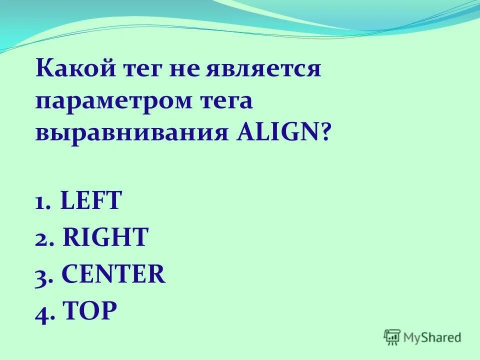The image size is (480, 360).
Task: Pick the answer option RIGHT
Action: [x=106, y=237]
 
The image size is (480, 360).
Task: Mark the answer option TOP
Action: [x=90, y=311]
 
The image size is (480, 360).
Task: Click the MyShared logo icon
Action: [x=392, y=337]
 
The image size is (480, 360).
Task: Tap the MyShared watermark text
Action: [x=432, y=338]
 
